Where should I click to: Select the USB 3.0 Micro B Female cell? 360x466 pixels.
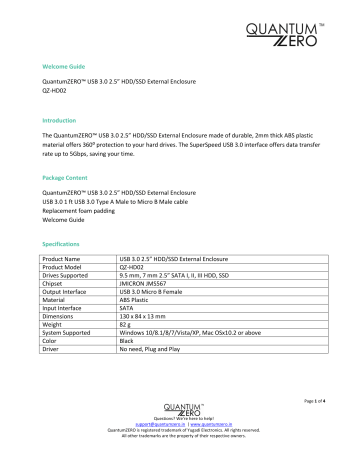tap(159, 292)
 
